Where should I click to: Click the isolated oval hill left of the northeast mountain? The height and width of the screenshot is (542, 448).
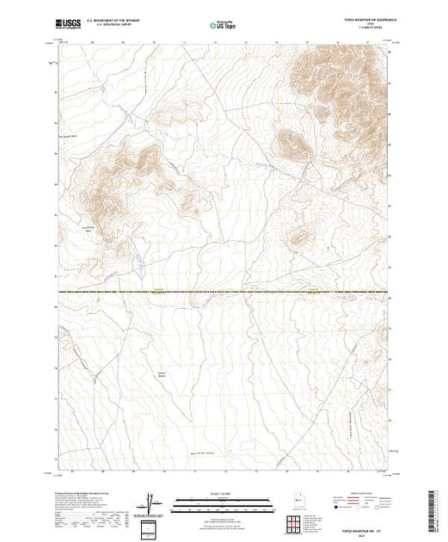pos(291,144)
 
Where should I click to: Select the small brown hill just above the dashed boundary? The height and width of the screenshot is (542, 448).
pos(298,238)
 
